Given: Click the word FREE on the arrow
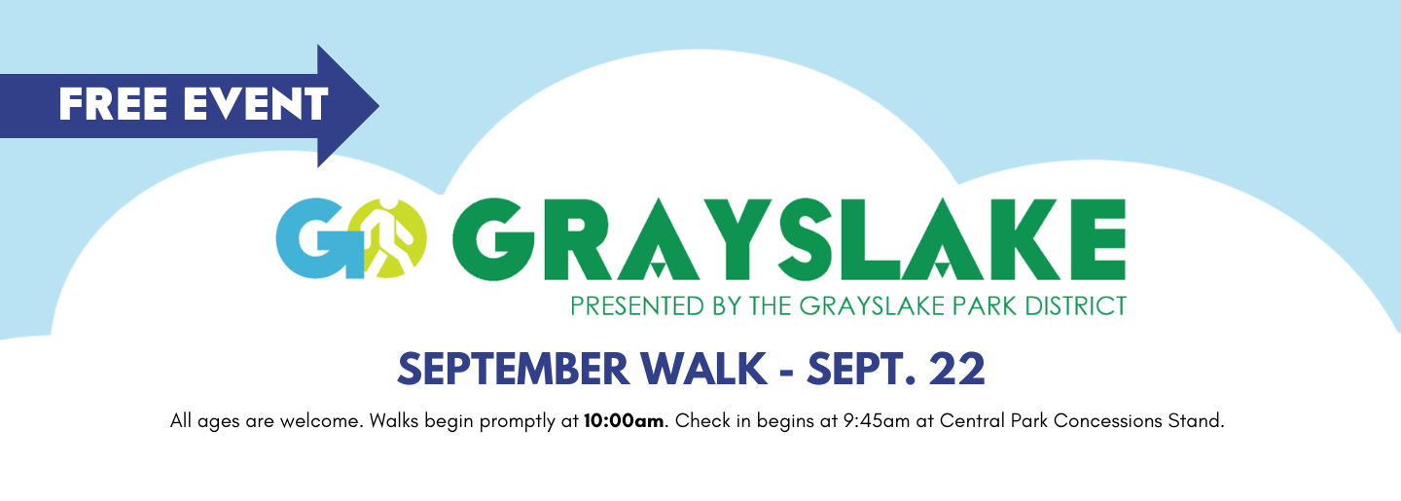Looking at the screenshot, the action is click(x=113, y=104).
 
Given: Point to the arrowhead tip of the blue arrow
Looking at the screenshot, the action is click(x=378, y=106).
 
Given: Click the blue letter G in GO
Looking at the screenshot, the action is click(x=319, y=238).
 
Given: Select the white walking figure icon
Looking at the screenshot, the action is click(x=389, y=238).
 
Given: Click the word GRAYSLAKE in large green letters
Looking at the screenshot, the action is click(x=789, y=239).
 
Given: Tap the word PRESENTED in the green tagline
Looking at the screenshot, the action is click(x=637, y=306).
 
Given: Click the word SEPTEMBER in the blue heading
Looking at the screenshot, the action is click(x=513, y=369).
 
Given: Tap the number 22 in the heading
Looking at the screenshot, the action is click(x=957, y=369).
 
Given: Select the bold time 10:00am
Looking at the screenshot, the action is click(x=624, y=421).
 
